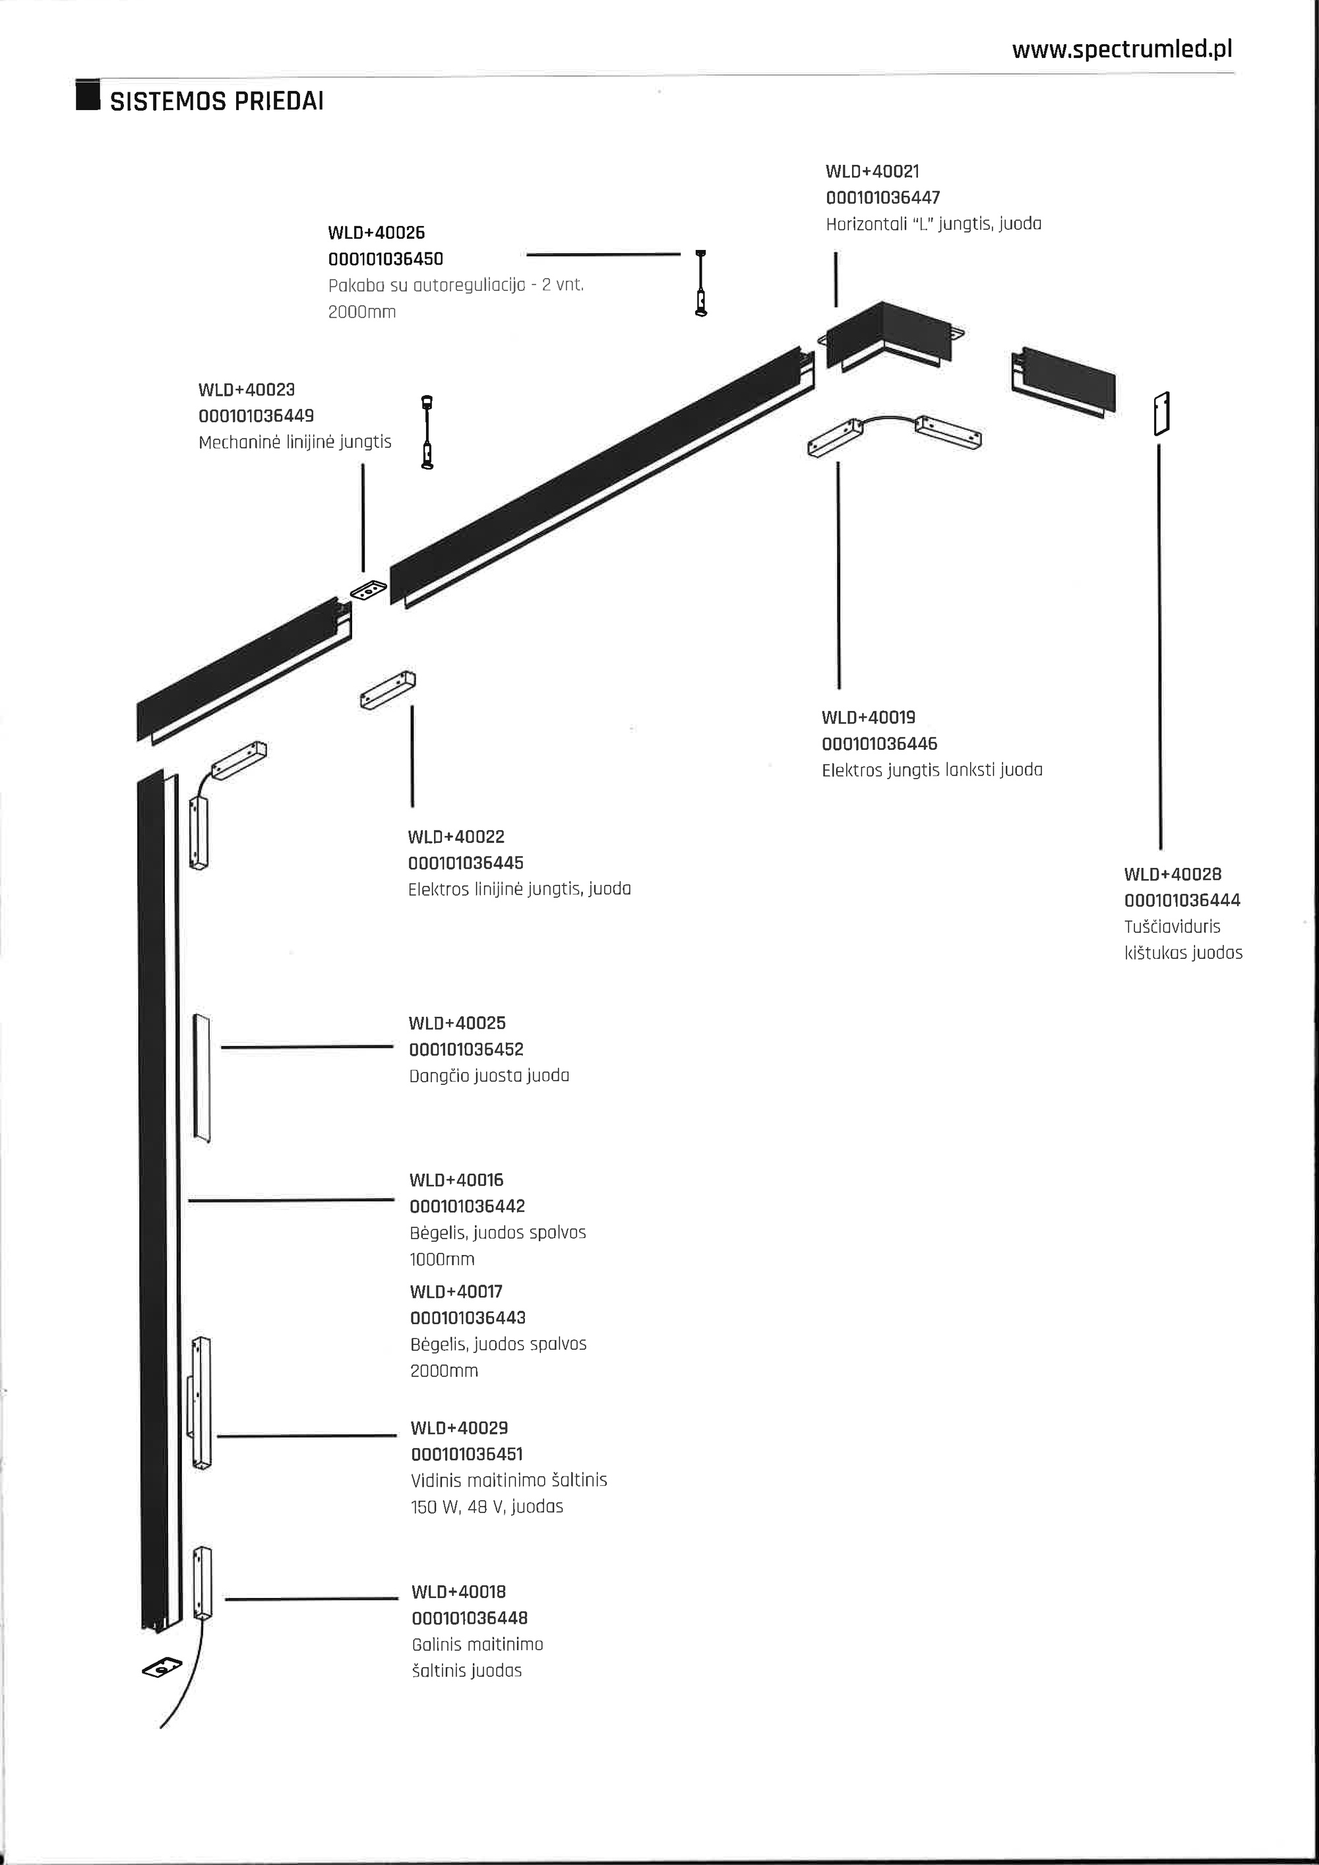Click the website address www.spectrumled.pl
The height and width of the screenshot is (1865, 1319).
pyautogui.click(x=1122, y=49)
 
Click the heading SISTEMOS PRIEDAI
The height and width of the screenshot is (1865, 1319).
pyautogui.click(x=217, y=102)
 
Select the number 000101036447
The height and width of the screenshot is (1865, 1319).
pyautogui.click(x=883, y=197)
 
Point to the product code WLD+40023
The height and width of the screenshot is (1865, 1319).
pyautogui.click(x=246, y=390)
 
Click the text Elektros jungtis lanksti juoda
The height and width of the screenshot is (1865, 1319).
pyautogui.click(x=932, y=770)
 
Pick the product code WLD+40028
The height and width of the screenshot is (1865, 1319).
pyautogui.click(x=1172, y=874)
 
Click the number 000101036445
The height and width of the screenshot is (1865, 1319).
pyautogui.click(x=466, y=863)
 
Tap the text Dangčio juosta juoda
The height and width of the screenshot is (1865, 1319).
pyautogui.click(x=489, y=1076)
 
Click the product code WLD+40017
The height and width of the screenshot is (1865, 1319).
pyautogui.click(x=456, y=1291)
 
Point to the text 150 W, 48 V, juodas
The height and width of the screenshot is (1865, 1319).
pyautogui.click(x=487, y=1506)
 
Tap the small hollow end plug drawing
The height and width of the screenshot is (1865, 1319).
pyautogui.click(x=1162, y=413)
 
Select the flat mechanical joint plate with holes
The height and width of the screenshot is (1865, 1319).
pyautogui.click(x=369, y=590)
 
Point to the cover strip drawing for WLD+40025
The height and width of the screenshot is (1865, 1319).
pyautogui.click(x=201, y=1076)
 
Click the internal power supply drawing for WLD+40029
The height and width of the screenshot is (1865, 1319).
pyautogui.click(x=200, y=1402)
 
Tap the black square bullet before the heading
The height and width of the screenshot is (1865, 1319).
pyautogui.click(x=88, y=95)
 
